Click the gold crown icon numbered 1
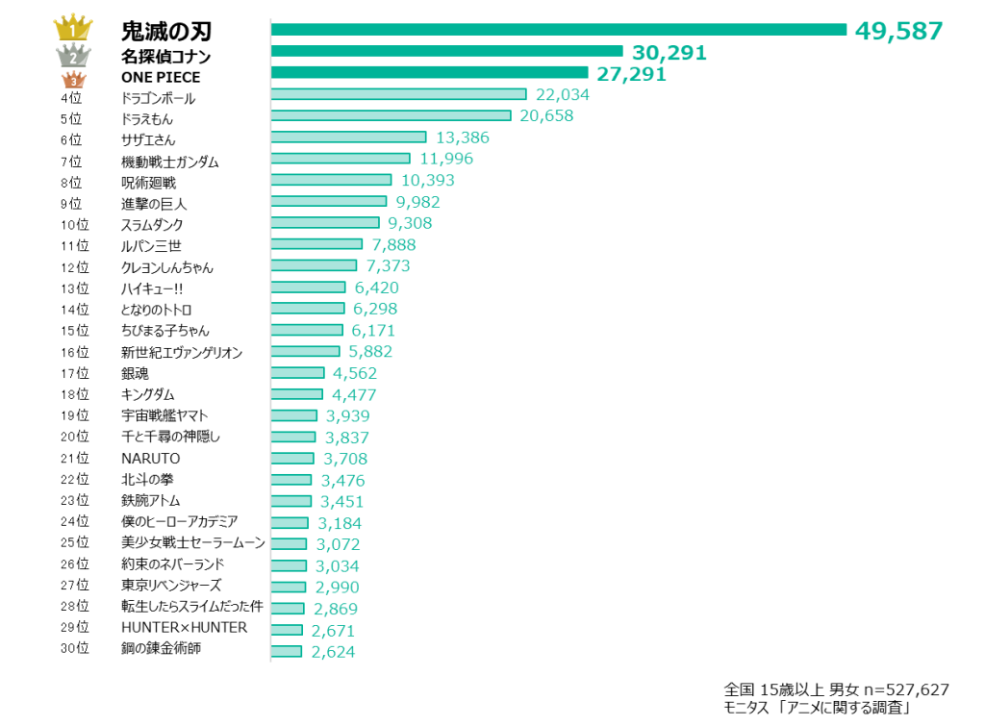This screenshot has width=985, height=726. click(x=73, y=27)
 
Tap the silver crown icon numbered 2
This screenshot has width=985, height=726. click(x=73, y=56)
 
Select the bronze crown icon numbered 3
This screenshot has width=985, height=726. click(x=73, y=80)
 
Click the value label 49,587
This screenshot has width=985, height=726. click(x=898, y=31)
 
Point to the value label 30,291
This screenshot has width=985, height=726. click(x=669, y=53)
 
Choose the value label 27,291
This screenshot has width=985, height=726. click(x=631, y=74)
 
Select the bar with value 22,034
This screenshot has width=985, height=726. click(x=399, y=94)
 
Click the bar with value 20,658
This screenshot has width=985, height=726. click(x=391, y=115)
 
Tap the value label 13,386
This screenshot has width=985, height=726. click(x=462, y=138)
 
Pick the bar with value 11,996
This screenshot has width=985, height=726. click(x=341, y=159)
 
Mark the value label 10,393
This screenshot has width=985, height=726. click(x=427, y=181)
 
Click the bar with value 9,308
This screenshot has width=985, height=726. click(x=325, y=223)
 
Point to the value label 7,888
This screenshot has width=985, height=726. click(x=393, y=245)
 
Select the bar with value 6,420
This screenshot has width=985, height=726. click(x=309, y=288)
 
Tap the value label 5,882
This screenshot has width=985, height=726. click(x=370, y=352)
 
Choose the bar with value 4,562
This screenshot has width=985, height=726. click(x=298, y=373)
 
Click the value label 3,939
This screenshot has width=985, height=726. click(x=347, y=416)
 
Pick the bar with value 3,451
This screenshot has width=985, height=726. click(x=291, y=501)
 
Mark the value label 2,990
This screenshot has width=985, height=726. click(x=337, y=588)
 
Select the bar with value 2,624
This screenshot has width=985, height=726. click(x=287, y=652)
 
